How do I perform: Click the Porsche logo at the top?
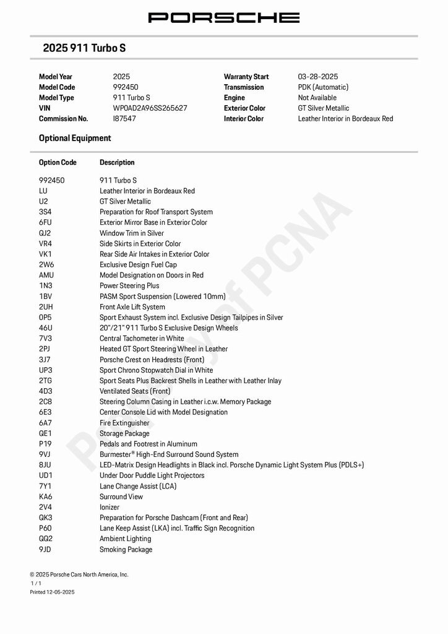point(224,17)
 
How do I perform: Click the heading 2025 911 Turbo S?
point(84,48)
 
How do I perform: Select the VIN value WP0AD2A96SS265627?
point(150,108)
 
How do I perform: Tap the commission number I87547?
point(124,119)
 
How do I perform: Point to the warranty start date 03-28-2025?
point(318,77)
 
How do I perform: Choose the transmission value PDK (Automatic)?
point(323,87)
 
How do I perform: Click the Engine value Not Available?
point(317,98)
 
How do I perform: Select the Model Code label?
point(57,87)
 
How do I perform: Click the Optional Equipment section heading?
point(75,138)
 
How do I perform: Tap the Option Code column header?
point(58,163)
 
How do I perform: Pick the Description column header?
point(117,163)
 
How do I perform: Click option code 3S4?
point(45,212)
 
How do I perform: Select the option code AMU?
point(46,276)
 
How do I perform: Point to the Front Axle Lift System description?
point(132,307)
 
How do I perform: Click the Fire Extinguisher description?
point(124,423)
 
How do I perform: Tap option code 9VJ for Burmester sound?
point(45,454)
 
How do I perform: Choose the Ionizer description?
point(110,507)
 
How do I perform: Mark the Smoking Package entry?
point(126,550)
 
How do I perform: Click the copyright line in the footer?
point(79,575)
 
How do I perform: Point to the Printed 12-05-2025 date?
point(52,593)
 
